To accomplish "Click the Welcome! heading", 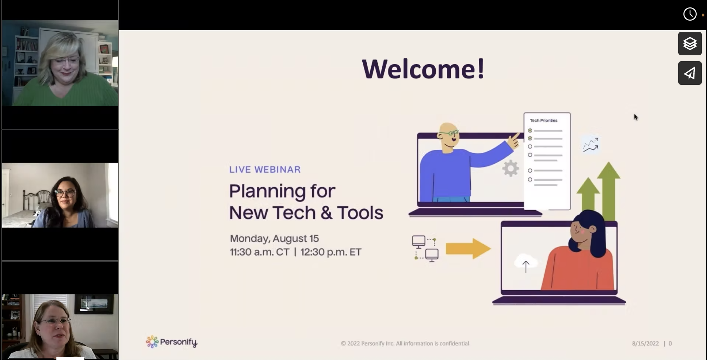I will [x=423, y=69].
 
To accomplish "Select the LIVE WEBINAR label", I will [x=265, y=169].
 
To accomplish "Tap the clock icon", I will [x=690, y=14].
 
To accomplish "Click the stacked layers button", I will [x=690, y=44].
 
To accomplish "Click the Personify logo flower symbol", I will [x=152, y=342].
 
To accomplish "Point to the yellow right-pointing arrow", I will [x=468, y=248].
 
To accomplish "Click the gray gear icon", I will [x=511, y=169].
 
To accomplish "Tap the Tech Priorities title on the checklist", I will [x=543, y=121].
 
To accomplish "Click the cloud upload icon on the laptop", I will [x=526, y=263].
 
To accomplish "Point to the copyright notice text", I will [x=405, y=343].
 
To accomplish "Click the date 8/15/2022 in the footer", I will [x=645, y=343].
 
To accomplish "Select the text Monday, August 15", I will [x=274, y=239].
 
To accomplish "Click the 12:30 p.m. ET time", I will [x=331, y=252].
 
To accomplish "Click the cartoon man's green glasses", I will [x=450, y=133].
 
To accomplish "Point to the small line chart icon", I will [x=591, y=145].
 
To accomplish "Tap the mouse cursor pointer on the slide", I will [x=635, y=117].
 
